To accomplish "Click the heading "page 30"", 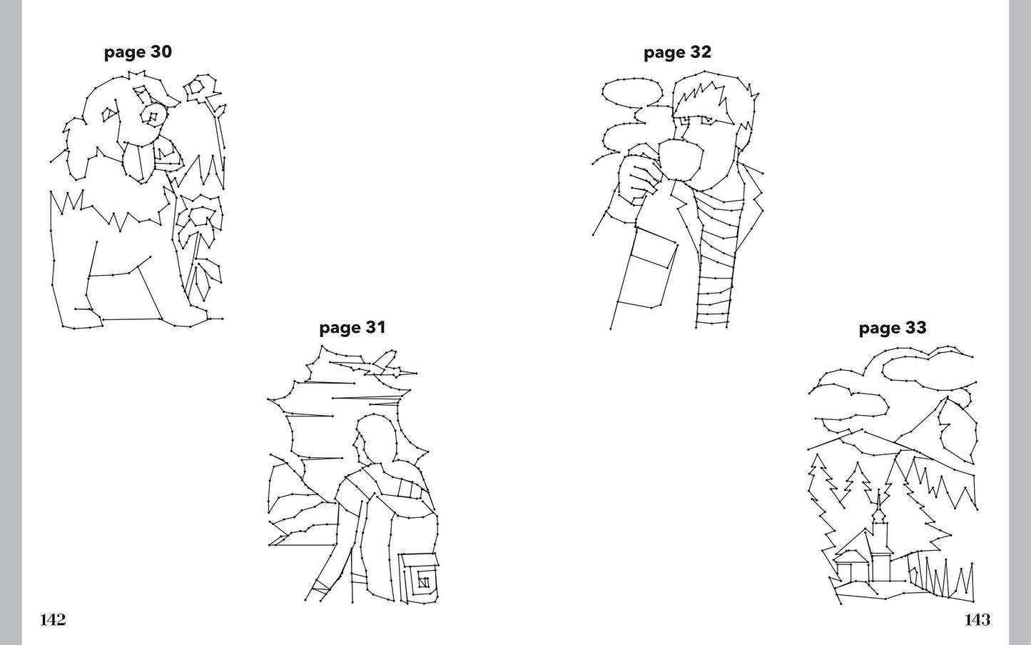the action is (138, 52).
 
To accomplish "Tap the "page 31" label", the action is (352, 328).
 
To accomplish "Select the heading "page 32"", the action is (678, 52).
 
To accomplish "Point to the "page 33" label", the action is (893, 328).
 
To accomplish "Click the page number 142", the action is (53, 620).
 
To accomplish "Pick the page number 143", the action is (977, 620).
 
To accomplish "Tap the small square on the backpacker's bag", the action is (423, 582).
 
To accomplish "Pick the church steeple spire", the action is (879, 504).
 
